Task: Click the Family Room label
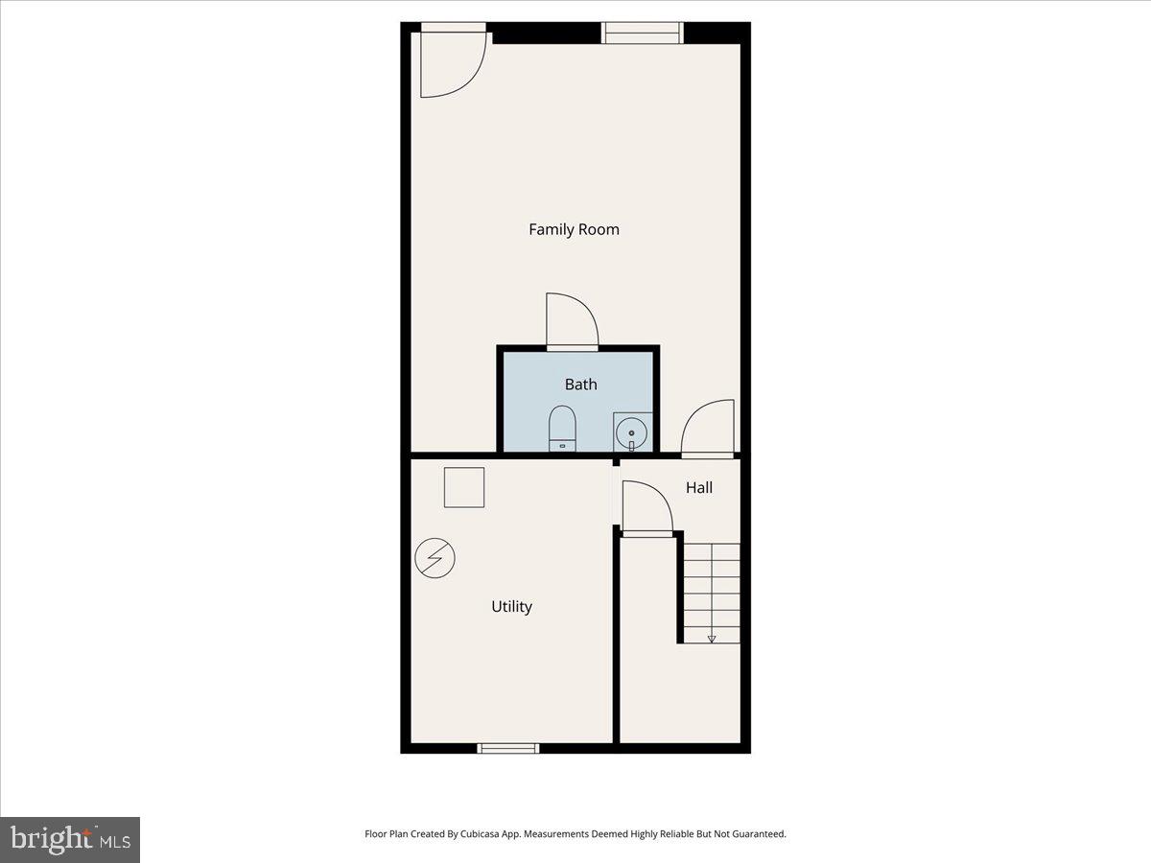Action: (574, 229)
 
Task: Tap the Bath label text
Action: (580, 385)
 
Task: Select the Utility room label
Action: (511, 607)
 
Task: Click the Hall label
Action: (698, 488)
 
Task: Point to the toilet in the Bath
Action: (562, 429)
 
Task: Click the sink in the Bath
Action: (631, 433)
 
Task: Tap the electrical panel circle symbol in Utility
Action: (435, 558)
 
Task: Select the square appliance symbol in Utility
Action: (463, 487)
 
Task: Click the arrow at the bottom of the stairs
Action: (712, 638)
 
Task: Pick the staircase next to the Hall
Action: (711, 591)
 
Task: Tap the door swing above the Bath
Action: (572, 321)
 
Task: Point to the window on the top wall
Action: (643, 33)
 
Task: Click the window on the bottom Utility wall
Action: (508, 748)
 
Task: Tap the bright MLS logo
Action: (70, 839)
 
